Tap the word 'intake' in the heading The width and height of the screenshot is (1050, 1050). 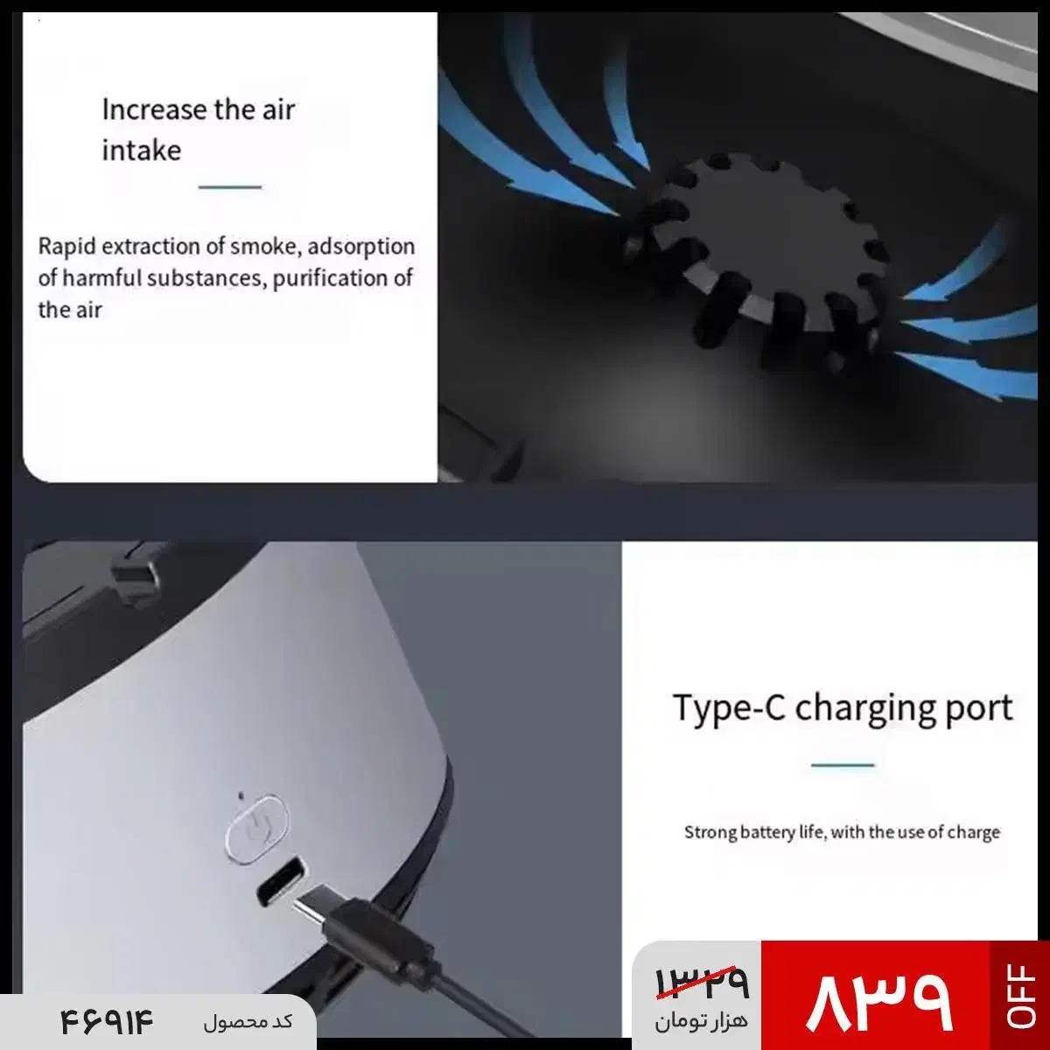tap(142, 150)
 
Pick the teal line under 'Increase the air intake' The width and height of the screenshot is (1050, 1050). tap(230, 187)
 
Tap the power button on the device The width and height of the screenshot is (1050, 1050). tap(257, 829)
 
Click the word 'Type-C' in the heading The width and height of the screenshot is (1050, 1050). tap(730, 708)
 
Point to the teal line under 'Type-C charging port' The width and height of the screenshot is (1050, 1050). tap(843, 765)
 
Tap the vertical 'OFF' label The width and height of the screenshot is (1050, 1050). tap(1020, 996)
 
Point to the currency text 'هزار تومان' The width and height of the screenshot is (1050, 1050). tap(701, 1020)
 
